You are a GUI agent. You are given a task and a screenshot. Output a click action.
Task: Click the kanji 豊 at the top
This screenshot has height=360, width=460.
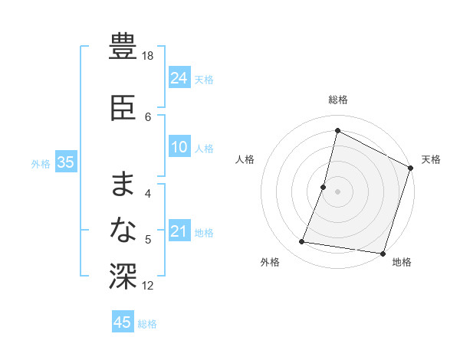pos(123,47)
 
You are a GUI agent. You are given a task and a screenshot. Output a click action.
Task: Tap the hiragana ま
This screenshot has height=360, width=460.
pos(123,184)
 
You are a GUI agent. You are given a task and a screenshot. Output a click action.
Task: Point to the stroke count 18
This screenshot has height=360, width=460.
pos(148,57)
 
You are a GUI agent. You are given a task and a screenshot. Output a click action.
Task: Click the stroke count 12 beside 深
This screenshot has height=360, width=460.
pos(149,286)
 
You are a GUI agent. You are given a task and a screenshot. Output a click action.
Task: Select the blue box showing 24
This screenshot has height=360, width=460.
pos(179,78)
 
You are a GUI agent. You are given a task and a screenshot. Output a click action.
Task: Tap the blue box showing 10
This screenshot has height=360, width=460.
pos(179,148)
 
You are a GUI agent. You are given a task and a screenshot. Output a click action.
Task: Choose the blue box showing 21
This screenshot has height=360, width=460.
pos(179,232)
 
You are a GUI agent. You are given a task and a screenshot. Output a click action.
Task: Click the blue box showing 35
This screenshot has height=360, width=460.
pos(65,162)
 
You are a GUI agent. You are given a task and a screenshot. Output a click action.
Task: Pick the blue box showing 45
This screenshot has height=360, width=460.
pos(123,322)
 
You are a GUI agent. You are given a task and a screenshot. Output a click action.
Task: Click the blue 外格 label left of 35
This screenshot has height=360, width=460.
pos(41,163)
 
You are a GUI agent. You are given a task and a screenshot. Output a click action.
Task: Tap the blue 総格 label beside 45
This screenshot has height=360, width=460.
pos(147,323)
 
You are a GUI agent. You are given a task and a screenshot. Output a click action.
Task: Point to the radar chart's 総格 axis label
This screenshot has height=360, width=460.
pos(337,100)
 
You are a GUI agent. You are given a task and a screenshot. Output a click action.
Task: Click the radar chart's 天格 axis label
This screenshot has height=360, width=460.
pos(431,159)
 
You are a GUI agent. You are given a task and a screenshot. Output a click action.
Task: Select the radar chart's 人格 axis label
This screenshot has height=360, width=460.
pos(245,159)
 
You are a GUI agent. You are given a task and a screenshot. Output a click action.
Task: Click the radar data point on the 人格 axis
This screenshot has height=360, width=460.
pos(324,187)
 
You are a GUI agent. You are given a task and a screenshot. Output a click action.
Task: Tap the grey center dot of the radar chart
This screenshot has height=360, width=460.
pos(337,191)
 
